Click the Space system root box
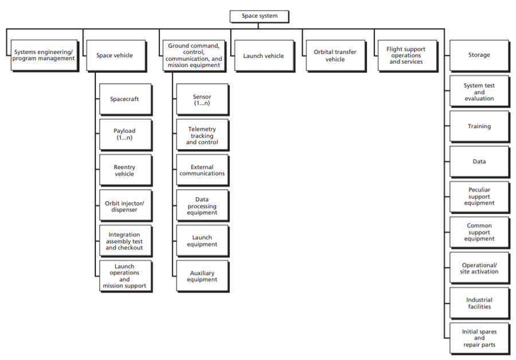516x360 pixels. [x=259, y=16]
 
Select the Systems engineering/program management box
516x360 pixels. [x=44, y=55]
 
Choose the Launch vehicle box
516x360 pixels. [x=263, y=55]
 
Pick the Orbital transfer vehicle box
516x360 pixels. [x=334, y=55]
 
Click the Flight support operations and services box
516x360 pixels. [x=406, y=55]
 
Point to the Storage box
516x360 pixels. [x=479, y=55]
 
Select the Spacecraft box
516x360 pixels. [x=124, y=99]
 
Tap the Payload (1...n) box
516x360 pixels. [x=124, y=134]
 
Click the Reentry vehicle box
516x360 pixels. [x=124, y=170]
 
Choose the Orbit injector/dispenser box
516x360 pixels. [x=124, y=205]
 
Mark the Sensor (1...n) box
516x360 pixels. [x=202, y=100]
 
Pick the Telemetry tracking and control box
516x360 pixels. [x=202, y=135]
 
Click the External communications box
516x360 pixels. [x=202, y=170]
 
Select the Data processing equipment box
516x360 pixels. [x=202, y=205]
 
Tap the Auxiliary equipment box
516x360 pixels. [x=202, y=276]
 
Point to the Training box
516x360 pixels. [x=479, y=126]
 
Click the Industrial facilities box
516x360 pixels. [x=479, y=303]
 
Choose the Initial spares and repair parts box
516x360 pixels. [x=479, y=338]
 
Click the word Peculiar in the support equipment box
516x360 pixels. [x=479, y=190]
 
